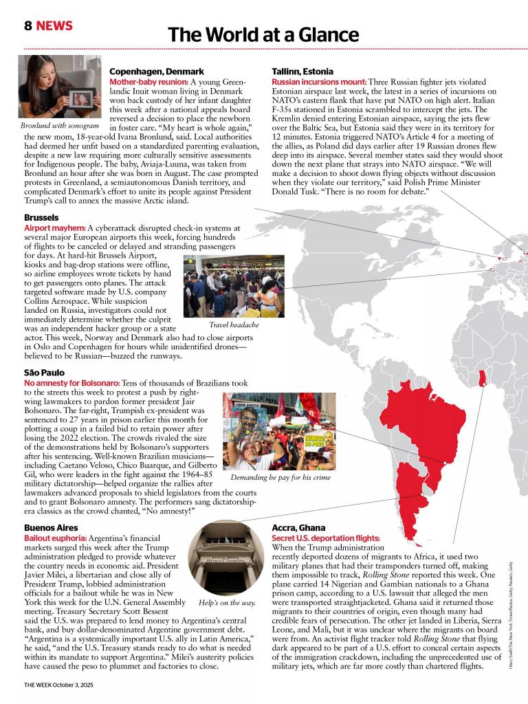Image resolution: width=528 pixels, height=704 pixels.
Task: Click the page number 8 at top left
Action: pos(27,26)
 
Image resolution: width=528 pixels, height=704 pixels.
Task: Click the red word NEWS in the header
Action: pos(54,26)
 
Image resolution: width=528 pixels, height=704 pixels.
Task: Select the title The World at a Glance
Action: pos(263,34)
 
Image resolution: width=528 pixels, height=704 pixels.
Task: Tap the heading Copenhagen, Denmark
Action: pos(157,71)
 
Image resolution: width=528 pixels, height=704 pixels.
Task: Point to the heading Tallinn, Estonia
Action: pos(302,71)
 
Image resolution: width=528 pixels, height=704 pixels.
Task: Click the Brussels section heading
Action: pos(41,217)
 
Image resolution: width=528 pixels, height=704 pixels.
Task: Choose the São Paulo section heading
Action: pos(44,372)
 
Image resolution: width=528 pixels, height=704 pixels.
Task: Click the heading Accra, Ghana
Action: pos(298,527)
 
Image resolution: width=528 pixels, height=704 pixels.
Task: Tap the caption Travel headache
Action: pos(234,324)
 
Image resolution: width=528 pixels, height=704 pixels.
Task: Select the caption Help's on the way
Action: pos(227,602)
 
